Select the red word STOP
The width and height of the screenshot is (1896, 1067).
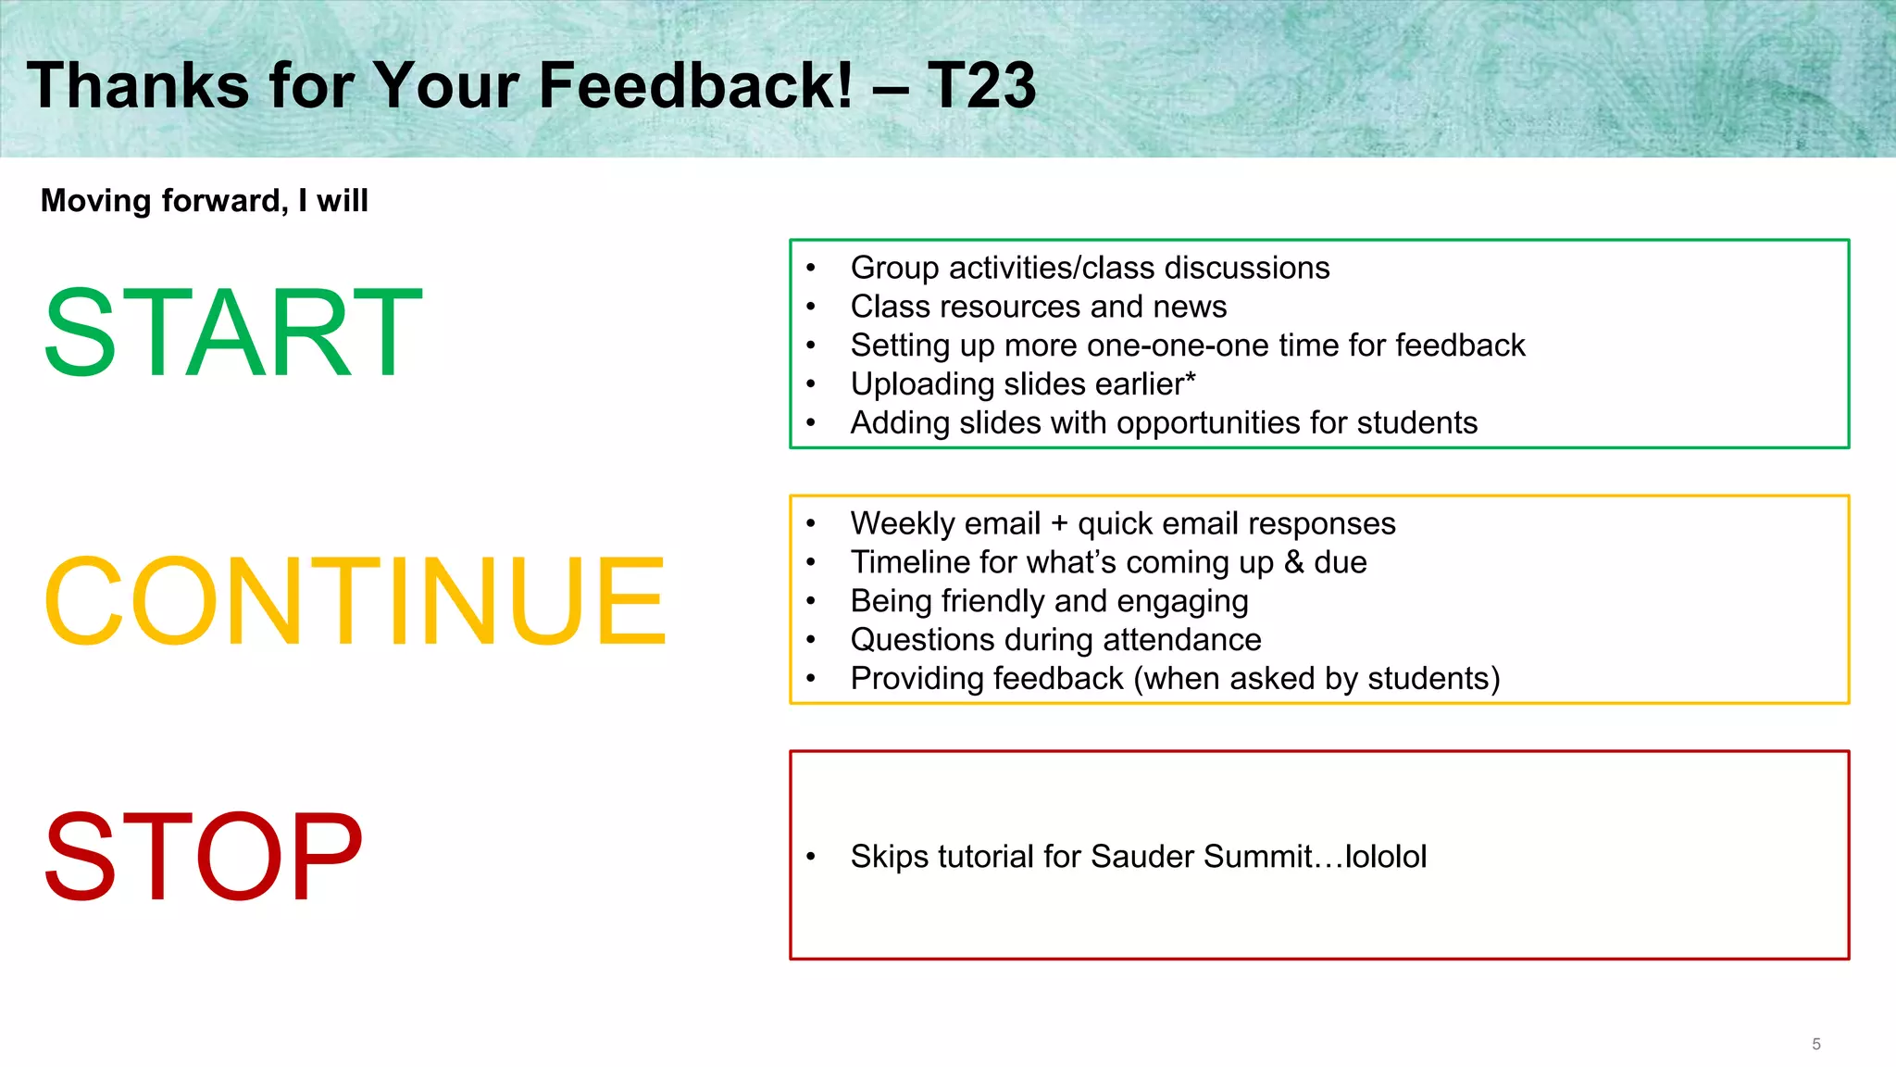203,856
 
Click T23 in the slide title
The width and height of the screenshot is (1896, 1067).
980,85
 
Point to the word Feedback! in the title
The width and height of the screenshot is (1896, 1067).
695,85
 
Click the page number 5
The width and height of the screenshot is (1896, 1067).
1815,1044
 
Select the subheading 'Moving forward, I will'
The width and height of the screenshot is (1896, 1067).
205,201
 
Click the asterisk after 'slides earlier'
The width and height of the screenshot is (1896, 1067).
1190,379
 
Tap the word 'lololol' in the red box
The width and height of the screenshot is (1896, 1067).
1385,857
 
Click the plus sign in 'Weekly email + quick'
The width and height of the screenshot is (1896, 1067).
1059,524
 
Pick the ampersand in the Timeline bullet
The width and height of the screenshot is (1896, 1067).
1293,562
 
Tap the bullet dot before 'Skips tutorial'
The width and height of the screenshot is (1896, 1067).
811,857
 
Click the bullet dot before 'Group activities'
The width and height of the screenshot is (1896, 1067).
811,269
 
